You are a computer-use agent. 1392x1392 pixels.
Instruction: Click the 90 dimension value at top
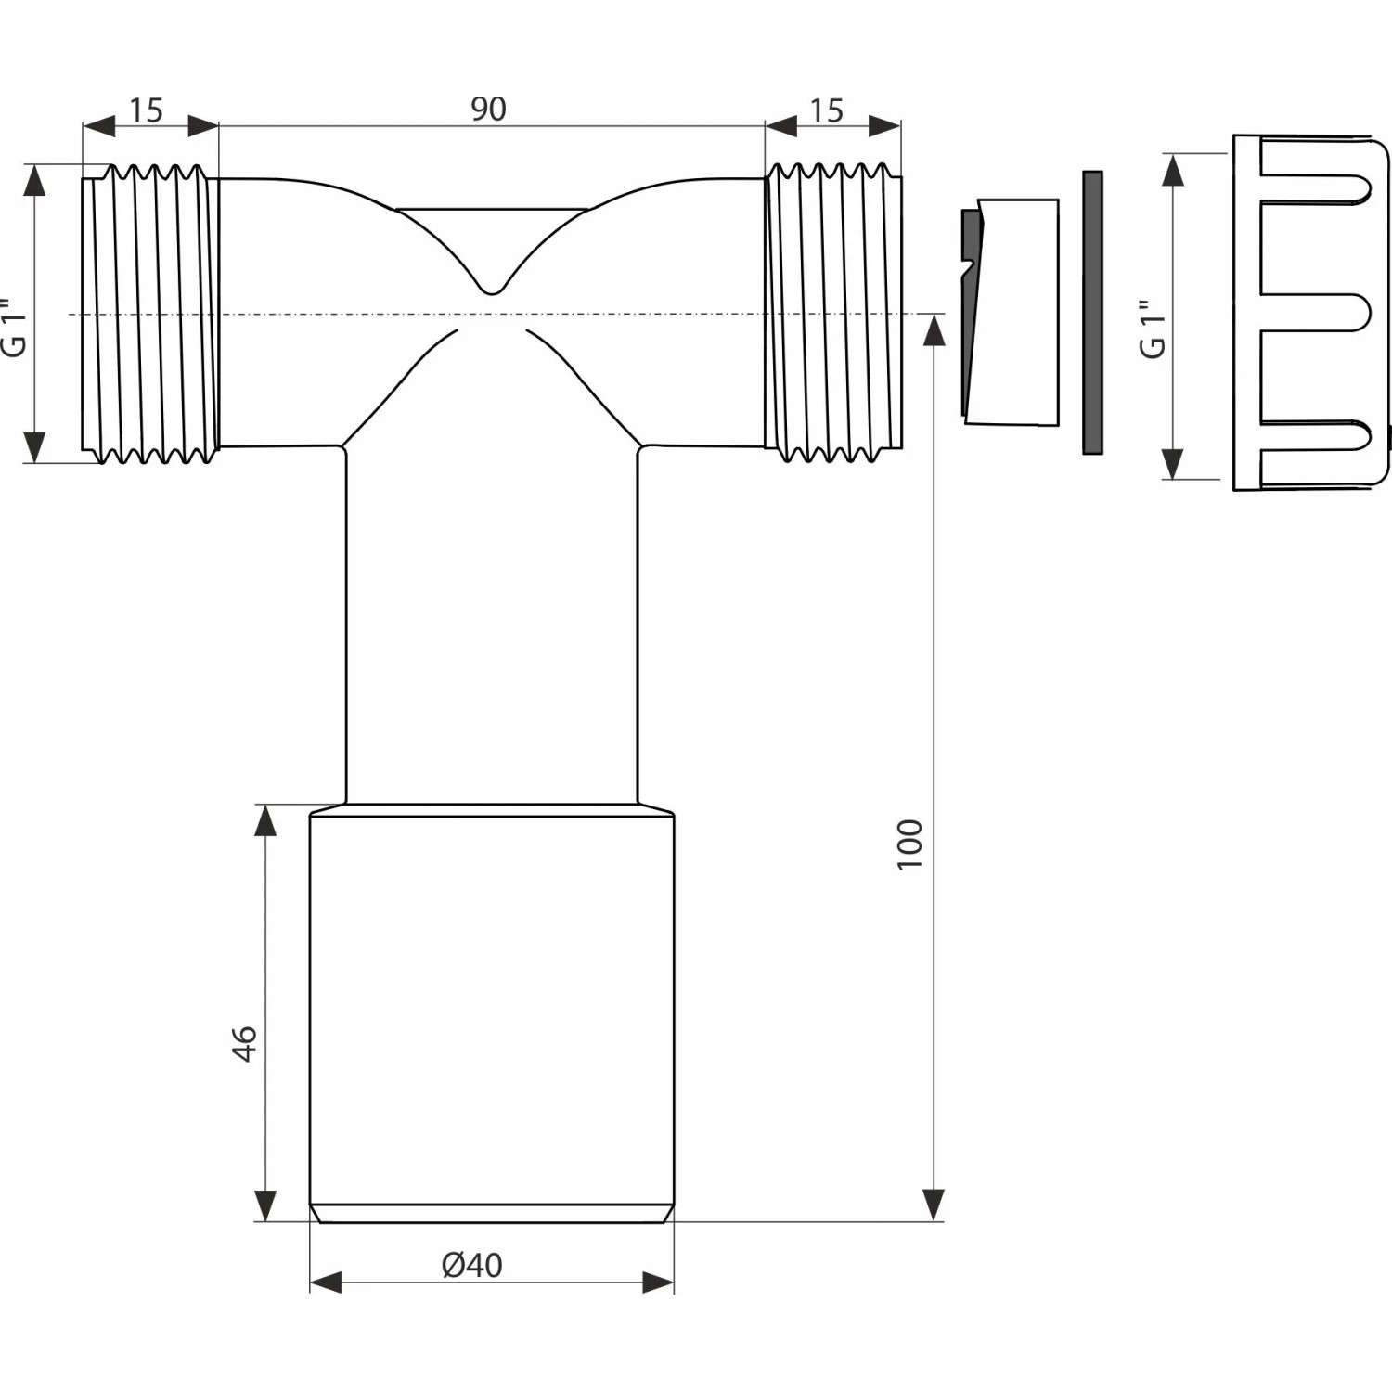(x=488, y=110)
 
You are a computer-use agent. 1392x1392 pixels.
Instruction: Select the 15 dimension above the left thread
(x=146, y=110)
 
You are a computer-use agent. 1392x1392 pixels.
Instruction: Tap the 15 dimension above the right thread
(x=826, y=110)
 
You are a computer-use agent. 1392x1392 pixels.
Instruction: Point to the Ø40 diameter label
(x=472, y=1265)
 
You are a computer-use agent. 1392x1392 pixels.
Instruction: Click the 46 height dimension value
(x=244, y=1043)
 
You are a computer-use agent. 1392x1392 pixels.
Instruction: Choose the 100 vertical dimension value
(x=910, y=844)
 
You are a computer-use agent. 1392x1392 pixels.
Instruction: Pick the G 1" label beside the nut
(x=1153, y=329)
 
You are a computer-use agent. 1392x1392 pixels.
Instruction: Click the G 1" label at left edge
(x=14, y=328)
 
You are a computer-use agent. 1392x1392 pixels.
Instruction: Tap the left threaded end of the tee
(x=151, y=314)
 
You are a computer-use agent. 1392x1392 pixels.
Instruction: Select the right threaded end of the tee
(x=833, y=314)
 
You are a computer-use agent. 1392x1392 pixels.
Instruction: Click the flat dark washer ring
(x=1092, y=313)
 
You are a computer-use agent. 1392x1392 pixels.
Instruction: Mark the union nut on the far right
(x=1310, y=313)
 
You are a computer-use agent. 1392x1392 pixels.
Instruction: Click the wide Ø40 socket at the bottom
(x=492, y=1012)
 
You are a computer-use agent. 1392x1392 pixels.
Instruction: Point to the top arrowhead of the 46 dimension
(x=265, y=821)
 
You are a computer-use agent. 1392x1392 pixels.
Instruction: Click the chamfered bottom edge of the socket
(x=492, y=1214)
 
